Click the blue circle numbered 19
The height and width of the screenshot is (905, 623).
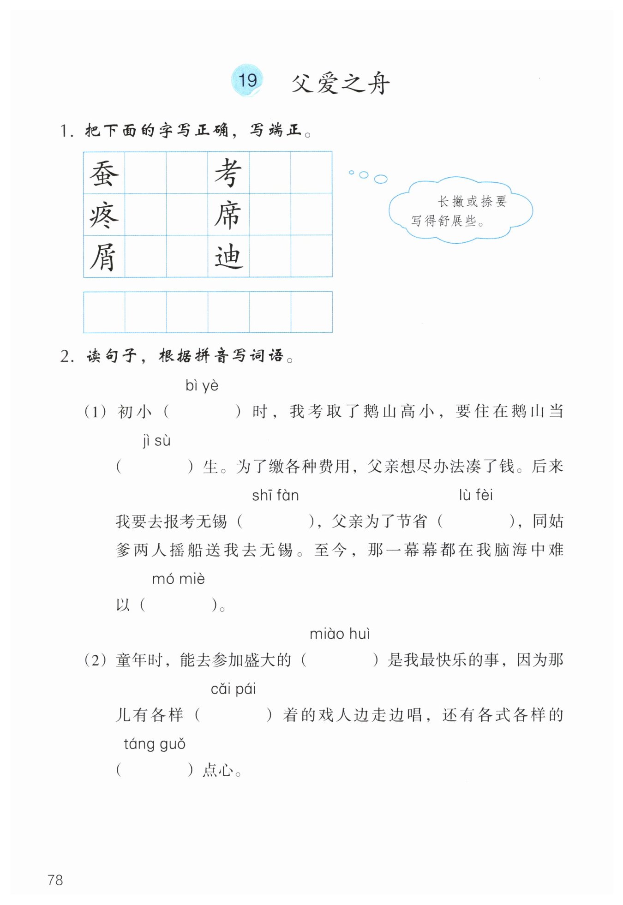click(x=247, y=80)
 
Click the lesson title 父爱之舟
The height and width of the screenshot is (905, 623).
click(x=341, y=84)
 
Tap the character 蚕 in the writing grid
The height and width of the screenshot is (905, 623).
click(x=104, y=174)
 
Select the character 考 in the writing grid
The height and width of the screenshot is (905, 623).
click(x=228, y=174)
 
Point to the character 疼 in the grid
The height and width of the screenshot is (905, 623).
click(x=104, y=215)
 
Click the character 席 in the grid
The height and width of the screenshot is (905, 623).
click(x=228, y=215)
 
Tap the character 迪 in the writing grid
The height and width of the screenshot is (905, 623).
click(x=228, y=257)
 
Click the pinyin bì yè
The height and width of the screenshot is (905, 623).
click(x=202, y=385)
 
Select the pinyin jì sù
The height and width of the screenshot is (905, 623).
click(x=156, y=441)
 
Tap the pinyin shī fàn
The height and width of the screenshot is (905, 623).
click(x=275, y=496)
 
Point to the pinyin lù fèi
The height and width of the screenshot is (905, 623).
click(x=475, y=495)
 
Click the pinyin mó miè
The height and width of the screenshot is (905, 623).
click(x=178, y=579)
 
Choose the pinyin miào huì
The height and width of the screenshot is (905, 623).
click(x=340, y=634)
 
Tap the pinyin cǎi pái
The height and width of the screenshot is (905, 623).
click(x=233, y=689)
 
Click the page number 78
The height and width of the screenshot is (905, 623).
click(x=55, y=880)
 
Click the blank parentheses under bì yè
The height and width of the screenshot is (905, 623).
click(x=202, y=412)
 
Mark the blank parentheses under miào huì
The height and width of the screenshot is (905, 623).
click(x=340, y=660)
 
